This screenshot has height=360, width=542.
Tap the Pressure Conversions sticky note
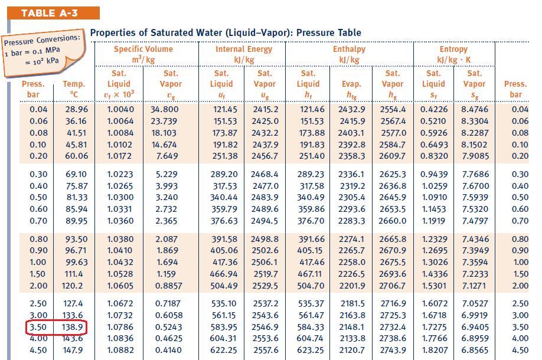pyautogui.click(x=43, y=54)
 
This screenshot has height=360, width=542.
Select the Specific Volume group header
pyautogui.click(x=143, y=54)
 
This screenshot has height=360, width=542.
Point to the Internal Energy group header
pyautogui.click(x=243, y=54)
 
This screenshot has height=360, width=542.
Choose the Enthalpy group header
pyautogui.click(x=349, y=54)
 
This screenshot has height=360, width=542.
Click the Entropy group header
pyautogui.click(x=453, y=54)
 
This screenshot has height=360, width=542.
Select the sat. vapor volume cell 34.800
pyautogui.click(x=165, y=109)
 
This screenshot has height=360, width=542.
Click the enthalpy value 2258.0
pyautogui.click(x=351, y=262)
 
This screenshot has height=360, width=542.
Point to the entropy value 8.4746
pyautogui.click(x=475, y=109)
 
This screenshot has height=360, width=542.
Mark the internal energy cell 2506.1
pyautogui.click(x=265, y=262)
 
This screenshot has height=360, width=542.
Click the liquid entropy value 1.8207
pyautogui.click(x=433, y=349)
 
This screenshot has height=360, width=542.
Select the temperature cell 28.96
pyautogui.click(x=77, y=109)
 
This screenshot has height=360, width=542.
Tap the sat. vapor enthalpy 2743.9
pyautogui.click(x=393, y=349)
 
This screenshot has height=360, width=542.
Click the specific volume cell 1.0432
pyautogui.click(x=120, y=262)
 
